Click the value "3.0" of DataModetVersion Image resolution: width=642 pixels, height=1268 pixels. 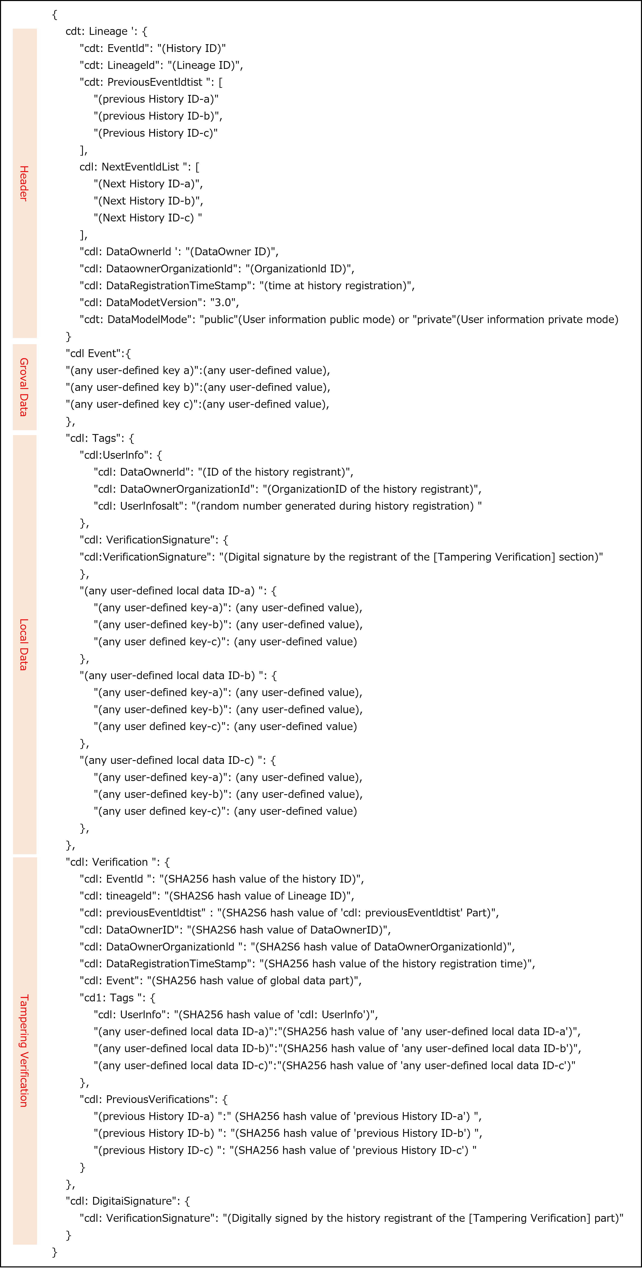(x=224, y=302)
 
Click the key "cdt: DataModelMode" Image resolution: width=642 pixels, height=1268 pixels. (x=137, y=319)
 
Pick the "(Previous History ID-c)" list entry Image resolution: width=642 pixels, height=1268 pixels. (x=156, y=133)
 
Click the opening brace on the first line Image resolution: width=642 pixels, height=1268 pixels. (x=55, y=14)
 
